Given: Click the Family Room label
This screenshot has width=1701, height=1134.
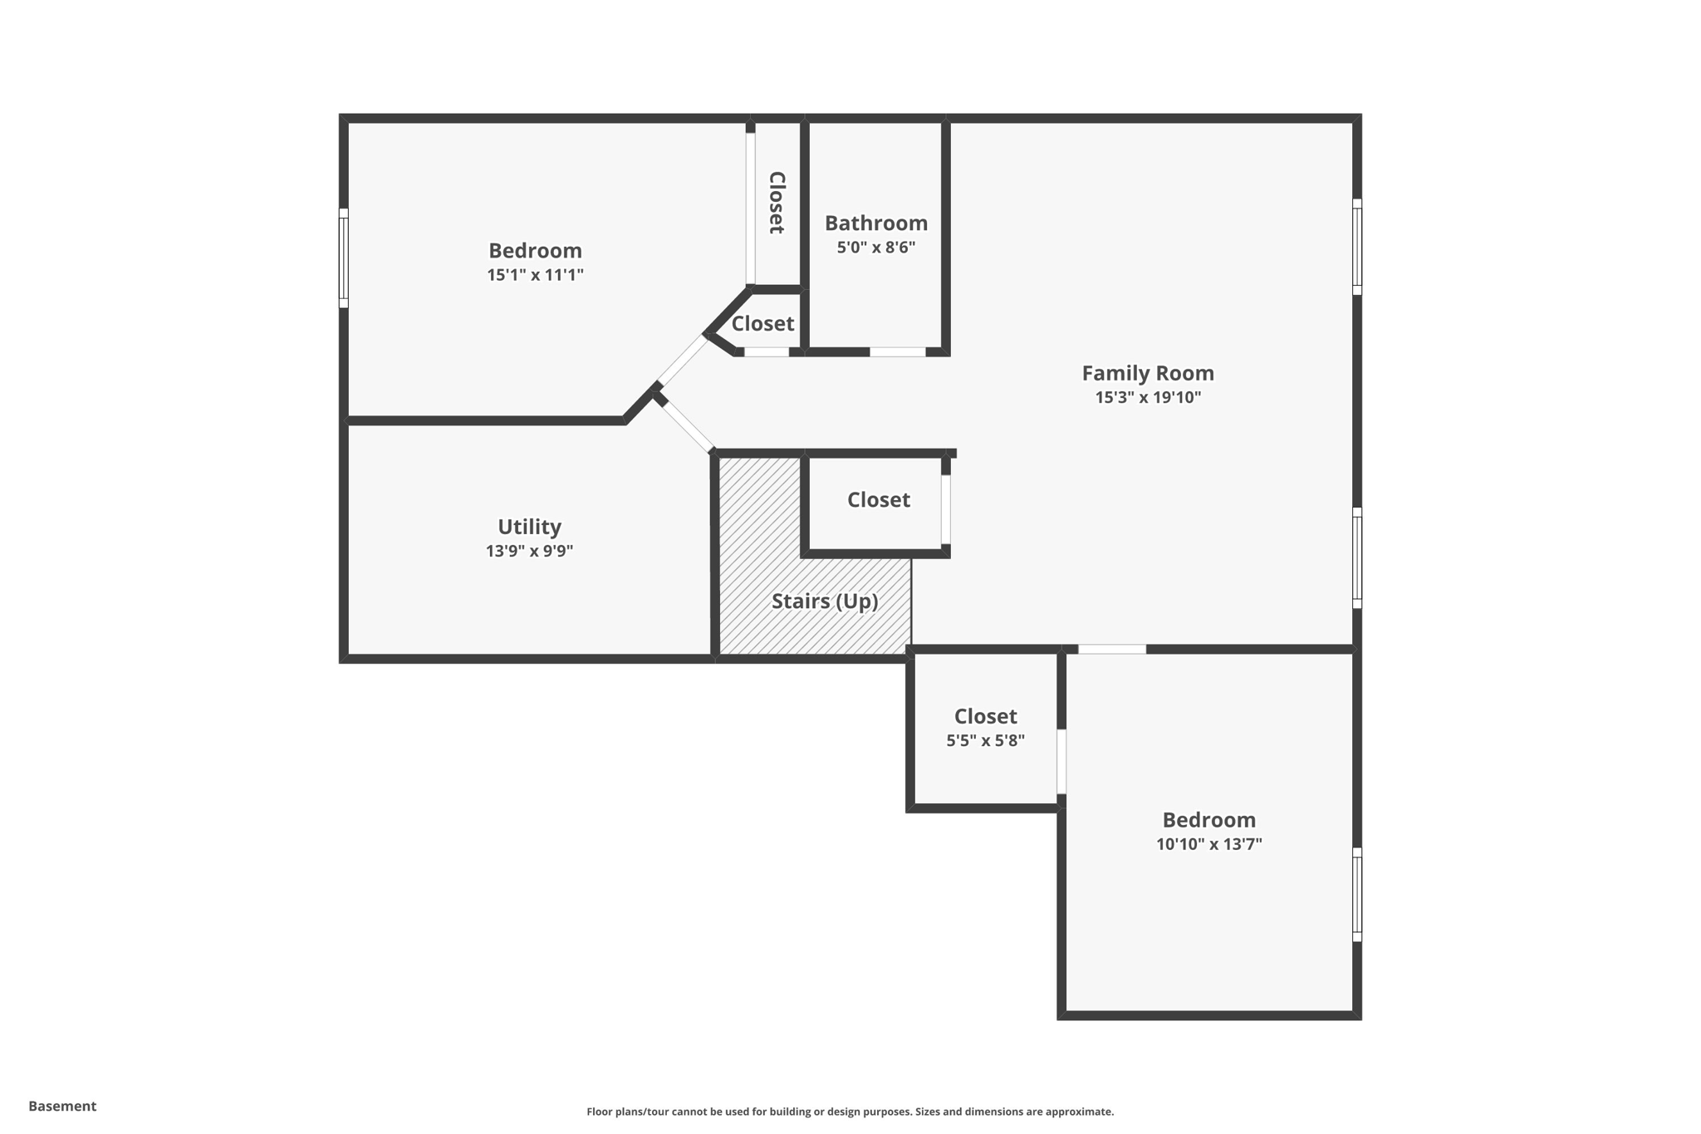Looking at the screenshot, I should [1147, 373].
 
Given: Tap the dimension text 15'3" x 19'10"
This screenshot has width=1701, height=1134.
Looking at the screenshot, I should [1147, 397].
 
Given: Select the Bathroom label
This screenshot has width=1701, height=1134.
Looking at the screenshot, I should [875, 223].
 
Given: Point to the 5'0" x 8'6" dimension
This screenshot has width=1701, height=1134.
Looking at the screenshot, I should [875, 247].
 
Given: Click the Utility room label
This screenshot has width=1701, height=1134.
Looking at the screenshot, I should [529, 527].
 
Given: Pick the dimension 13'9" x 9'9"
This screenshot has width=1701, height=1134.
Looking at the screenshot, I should [529, 551].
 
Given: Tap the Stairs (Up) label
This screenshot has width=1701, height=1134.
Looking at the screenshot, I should [824, 601].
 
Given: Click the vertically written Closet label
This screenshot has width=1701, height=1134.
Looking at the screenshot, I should [777, 203].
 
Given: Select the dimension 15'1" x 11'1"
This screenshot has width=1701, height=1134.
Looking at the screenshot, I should [535, 275].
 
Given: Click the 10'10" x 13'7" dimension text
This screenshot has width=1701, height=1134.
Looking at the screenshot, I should [1208, 844].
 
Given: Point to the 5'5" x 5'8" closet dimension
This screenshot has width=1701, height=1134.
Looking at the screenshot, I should [985, 740].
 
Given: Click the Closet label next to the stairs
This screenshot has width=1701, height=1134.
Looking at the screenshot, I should [878, 499].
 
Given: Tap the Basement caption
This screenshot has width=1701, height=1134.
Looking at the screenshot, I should [62, 1106].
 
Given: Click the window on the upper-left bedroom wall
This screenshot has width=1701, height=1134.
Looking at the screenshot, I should [343, 258].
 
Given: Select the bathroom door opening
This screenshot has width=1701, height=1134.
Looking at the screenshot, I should [897, 352].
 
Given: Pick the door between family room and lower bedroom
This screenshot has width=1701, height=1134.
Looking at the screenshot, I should [1111, 649].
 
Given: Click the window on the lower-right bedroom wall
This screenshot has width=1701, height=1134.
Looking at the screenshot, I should [1356, 895].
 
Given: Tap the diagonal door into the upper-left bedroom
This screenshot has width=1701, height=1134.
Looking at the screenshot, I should [682, 360].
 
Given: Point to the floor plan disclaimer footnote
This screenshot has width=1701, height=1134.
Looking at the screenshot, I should [850, 1112].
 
